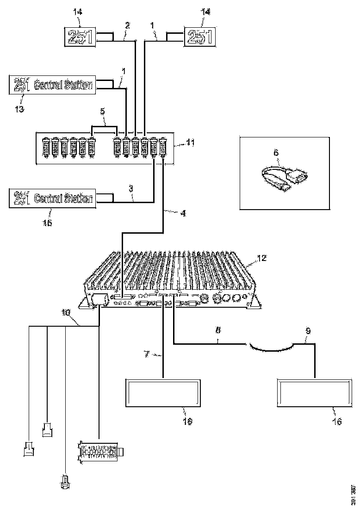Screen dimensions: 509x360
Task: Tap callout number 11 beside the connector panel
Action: (x=190, y=143)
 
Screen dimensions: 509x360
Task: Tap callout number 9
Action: (x=308, y=331)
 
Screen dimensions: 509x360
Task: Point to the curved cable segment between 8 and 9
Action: (x=270, y=346)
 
